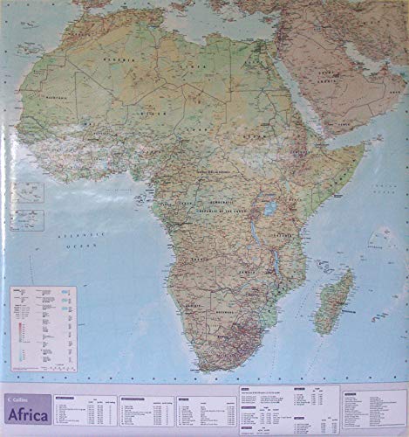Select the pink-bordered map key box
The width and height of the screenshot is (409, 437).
(43, 328)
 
